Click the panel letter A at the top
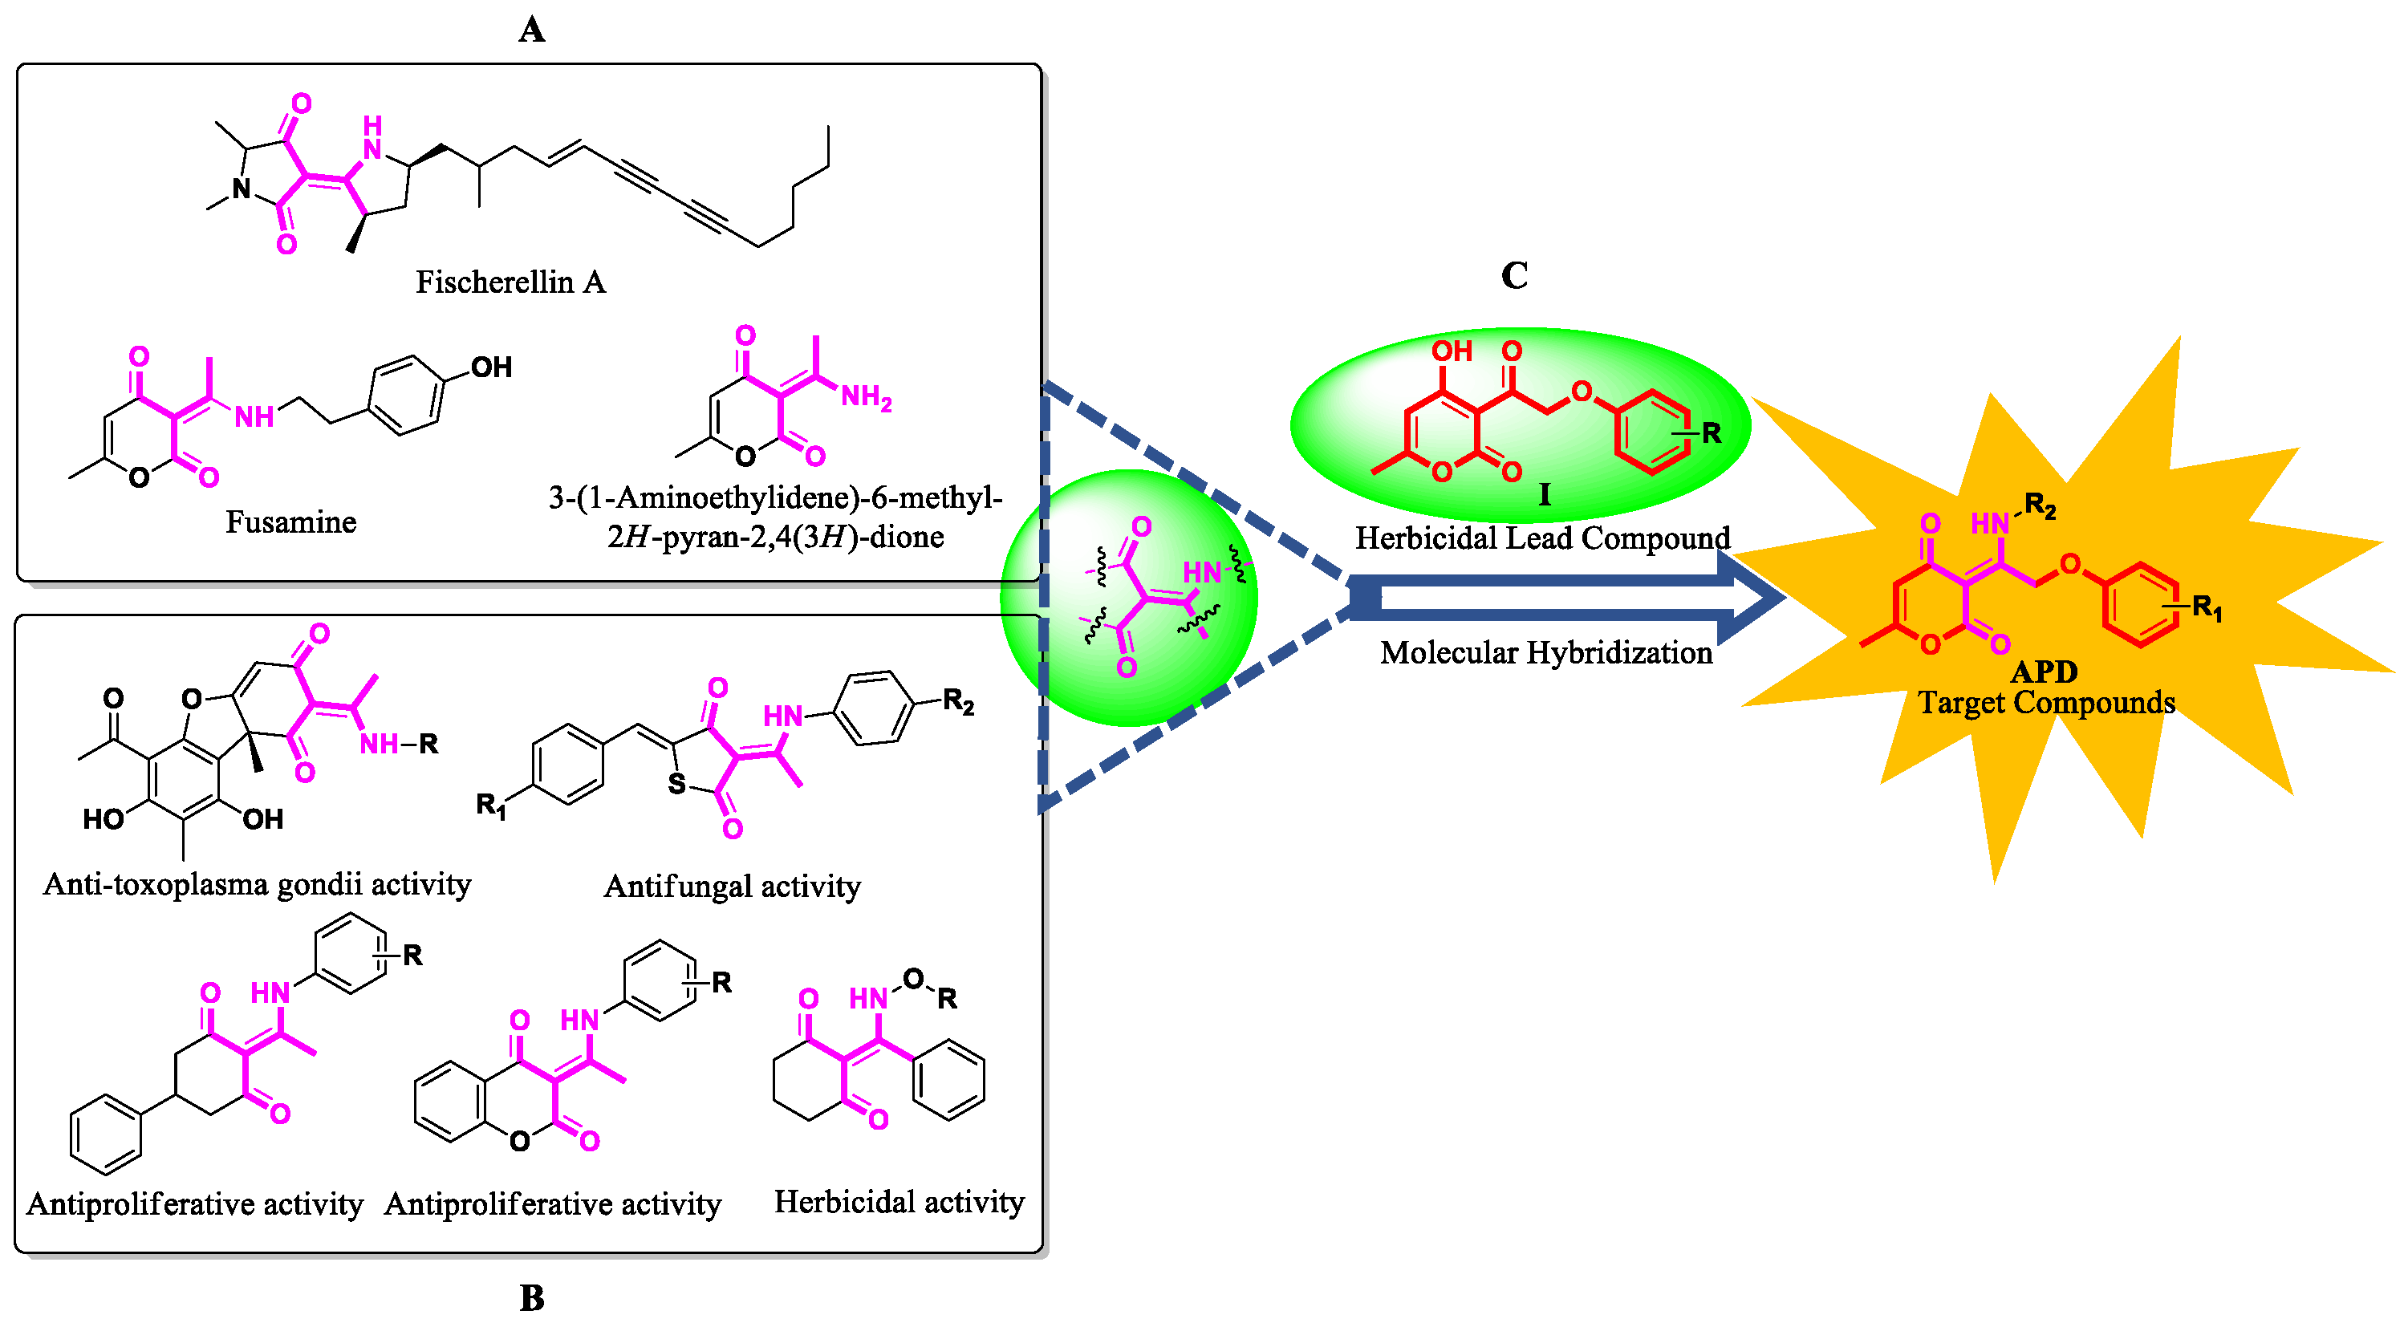click(531, 30)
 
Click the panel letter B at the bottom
click(531, 1297)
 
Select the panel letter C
click(1513, 276)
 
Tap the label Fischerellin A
click(510, 282)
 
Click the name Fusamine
click(290, 522)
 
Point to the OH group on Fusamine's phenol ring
click(491, 367)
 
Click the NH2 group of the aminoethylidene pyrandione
click(866, 397)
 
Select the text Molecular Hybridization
click(1545, 652)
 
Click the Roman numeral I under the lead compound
click(1545, 494)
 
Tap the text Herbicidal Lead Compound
click(1542, 538)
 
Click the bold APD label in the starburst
click(2044, 672)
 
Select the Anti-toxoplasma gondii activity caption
click(257, 884)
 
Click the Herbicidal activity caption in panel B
click(899, 1202)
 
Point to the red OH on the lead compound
click(1451, 351)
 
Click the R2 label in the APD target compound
click(2040, 507)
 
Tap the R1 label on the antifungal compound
click(491, 804)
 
